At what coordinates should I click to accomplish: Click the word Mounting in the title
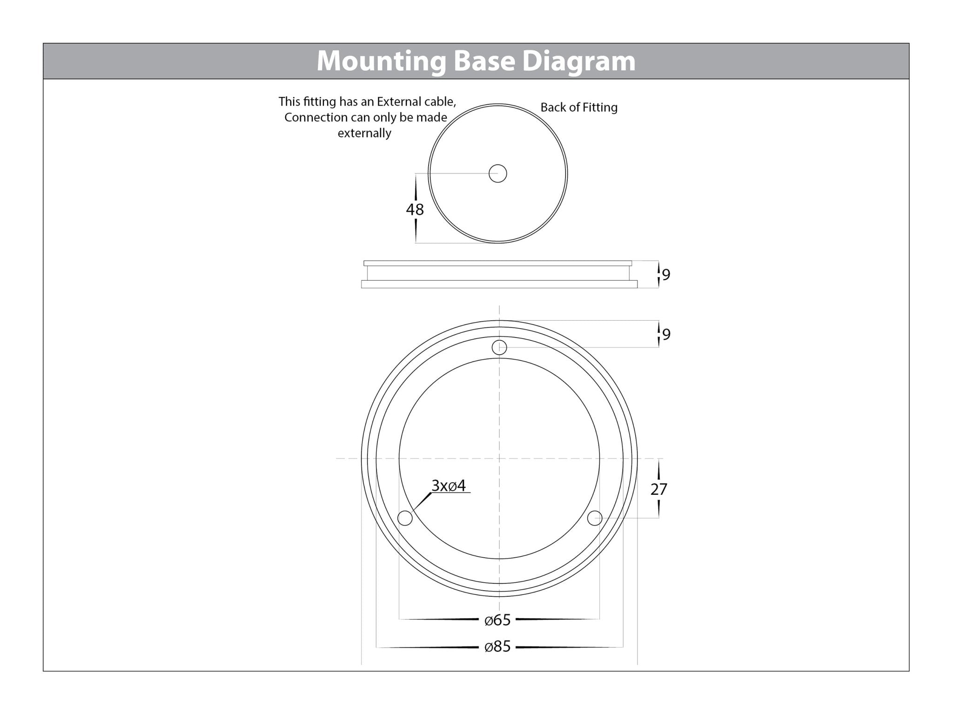pyautogui.click(x=380, y=61)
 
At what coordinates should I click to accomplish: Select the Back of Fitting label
pyautogui.click(x=579, y=108)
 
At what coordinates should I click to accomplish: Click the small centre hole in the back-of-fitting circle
pyautogui.click(x=497, y=174)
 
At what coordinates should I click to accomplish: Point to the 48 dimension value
pyautogui.click(x=415, y=209)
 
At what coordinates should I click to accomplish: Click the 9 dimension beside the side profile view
pyautogui.click(x=666, y=275)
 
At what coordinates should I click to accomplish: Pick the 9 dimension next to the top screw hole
pyautogui.click(x=666, y=335)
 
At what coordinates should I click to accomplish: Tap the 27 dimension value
pyautogui.click(x=659, y=489)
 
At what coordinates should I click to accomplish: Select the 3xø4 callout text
pyautogui.click(x=449, y=486)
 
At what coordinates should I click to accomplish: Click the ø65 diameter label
pyautogui.click(x=497, y=620)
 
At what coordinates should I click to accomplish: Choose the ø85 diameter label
pyautogui.click(x=497, y=647)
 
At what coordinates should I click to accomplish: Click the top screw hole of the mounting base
pyautogui.click(x=499, y=347)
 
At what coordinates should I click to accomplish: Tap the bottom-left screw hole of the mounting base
pyautogui.click(x=405, y=518)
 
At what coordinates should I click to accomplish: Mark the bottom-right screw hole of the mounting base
pyautogui.click(x=595, y=518)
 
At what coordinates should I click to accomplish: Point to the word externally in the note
pyautogui.click(x=364, y=133)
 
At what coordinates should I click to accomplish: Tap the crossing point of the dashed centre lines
pyautogui.click(x=499, y=459)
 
